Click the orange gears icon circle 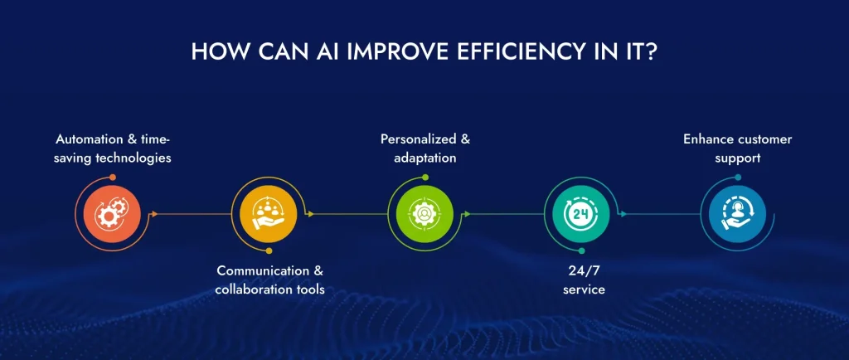point(108,214)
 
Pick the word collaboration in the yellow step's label point(251,289)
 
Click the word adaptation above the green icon point(425,157)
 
